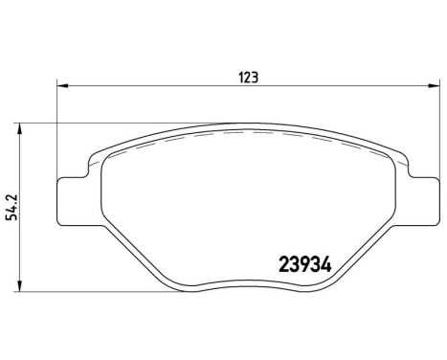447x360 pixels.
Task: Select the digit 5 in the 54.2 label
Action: coord(11,216)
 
